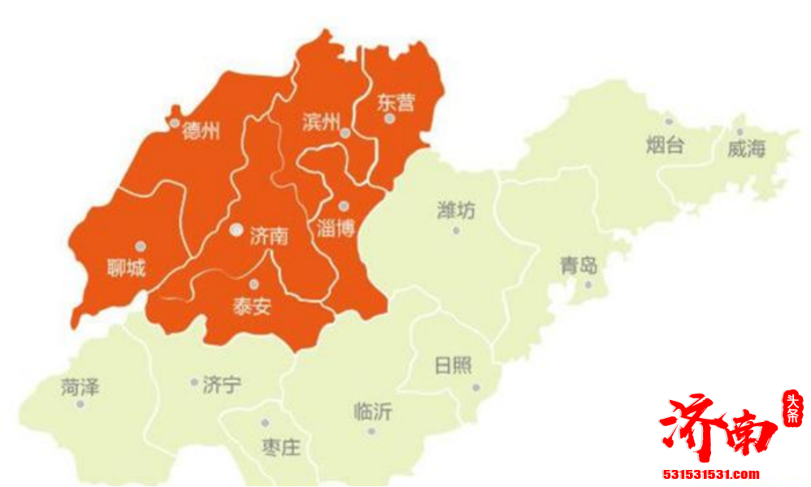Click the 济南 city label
click(x=269, y=236)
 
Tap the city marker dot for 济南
click(x=236, y=230)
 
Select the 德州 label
click(x=201, y=131)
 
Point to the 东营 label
click(x=396, y=102)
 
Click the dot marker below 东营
click(x=390, y=119)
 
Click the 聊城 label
click(x=126, y=267)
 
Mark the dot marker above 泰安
click(x=254, y=284)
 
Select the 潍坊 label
click(x=456, y=211)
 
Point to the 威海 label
click(x=746, y=148)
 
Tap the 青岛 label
click(x=579, y=265)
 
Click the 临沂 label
click(x=373, y=411)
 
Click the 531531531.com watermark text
click(x=711, y=474)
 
